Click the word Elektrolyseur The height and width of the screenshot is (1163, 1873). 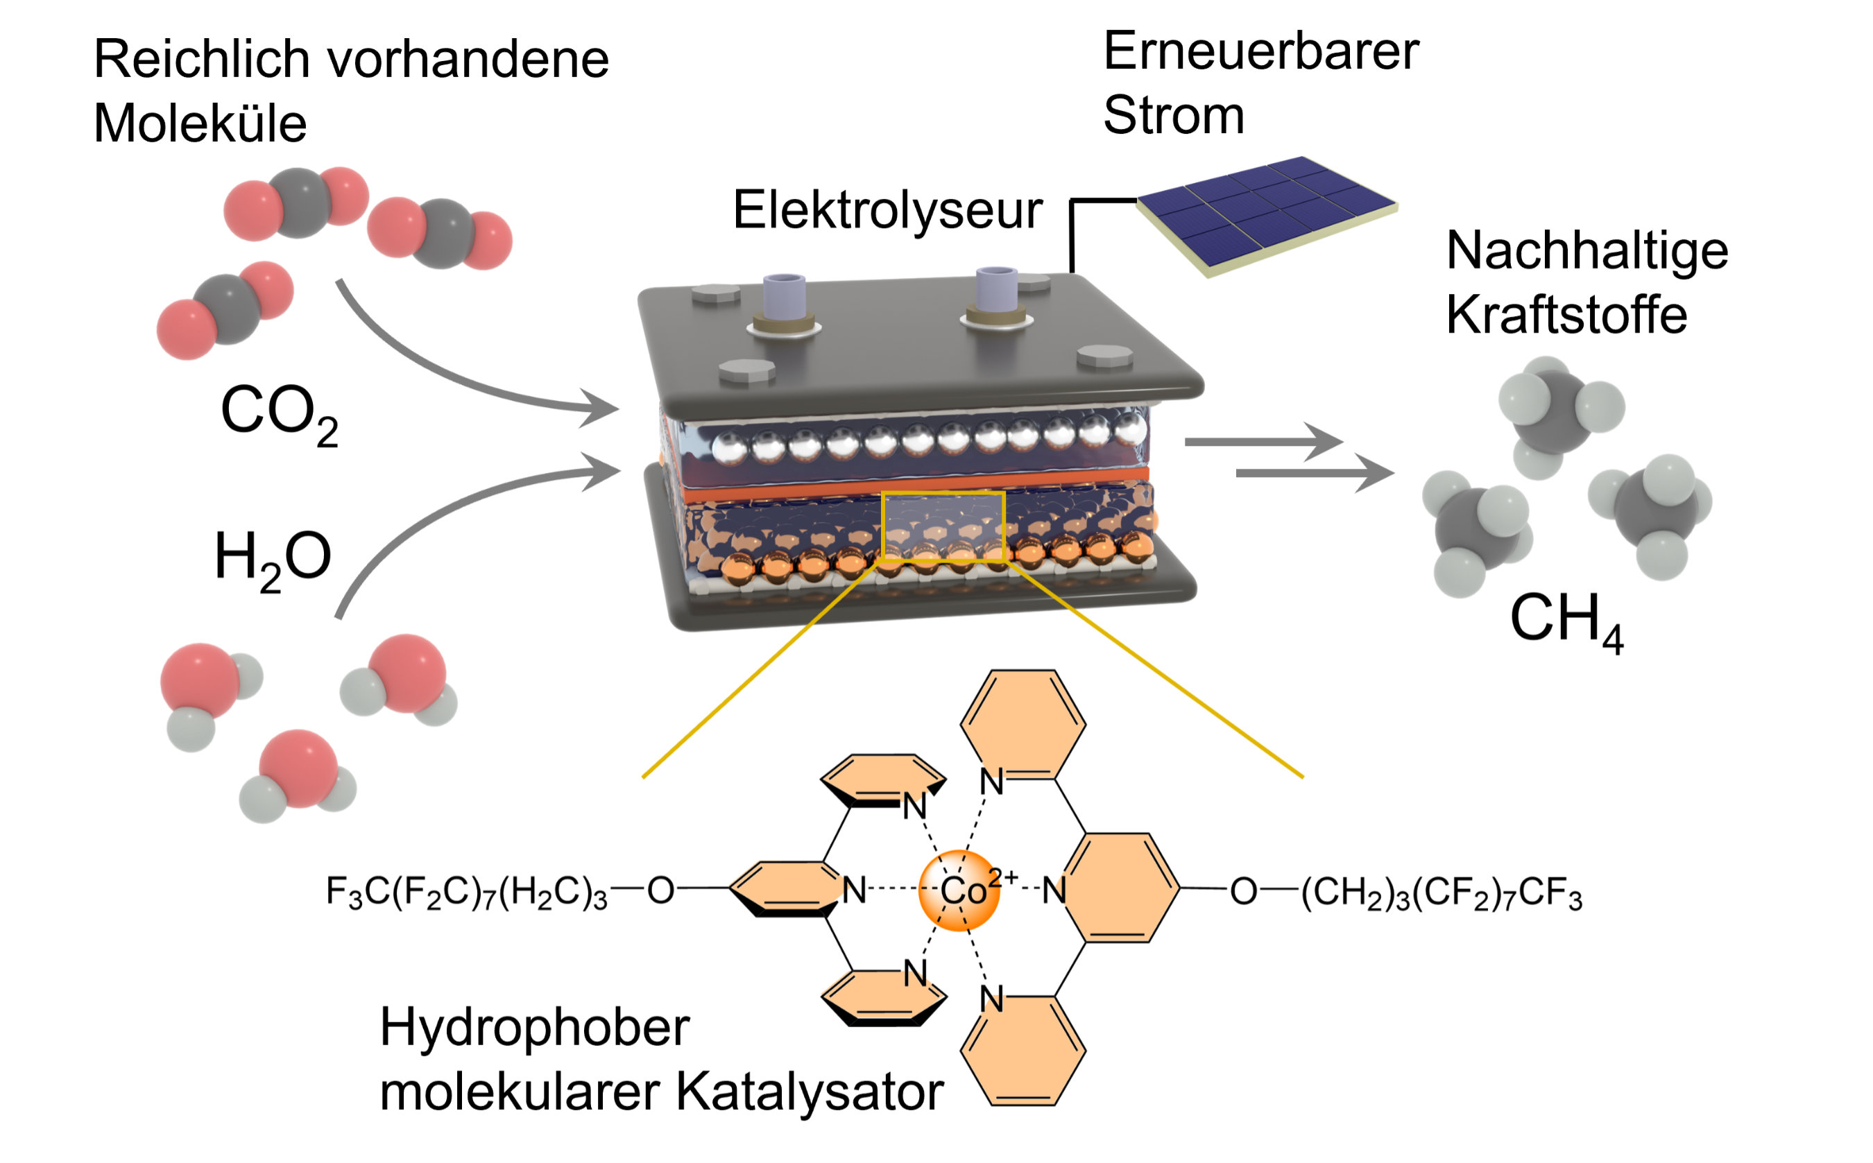coord(887,210)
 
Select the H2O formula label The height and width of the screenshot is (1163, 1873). coord(273,558)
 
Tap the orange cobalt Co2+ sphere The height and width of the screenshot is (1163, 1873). coord(959,890)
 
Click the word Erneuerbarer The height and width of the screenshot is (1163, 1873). coord(1260,51)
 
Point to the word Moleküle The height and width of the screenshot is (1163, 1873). coord(200,123)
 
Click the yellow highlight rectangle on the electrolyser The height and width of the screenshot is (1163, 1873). coord(943,526)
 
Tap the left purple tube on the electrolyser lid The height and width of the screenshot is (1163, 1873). coord(784,296)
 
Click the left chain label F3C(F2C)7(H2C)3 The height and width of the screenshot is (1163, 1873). coord(466,893)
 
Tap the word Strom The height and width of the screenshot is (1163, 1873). coord(1173,115)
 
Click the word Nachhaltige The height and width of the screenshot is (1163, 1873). coord(1587,251)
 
